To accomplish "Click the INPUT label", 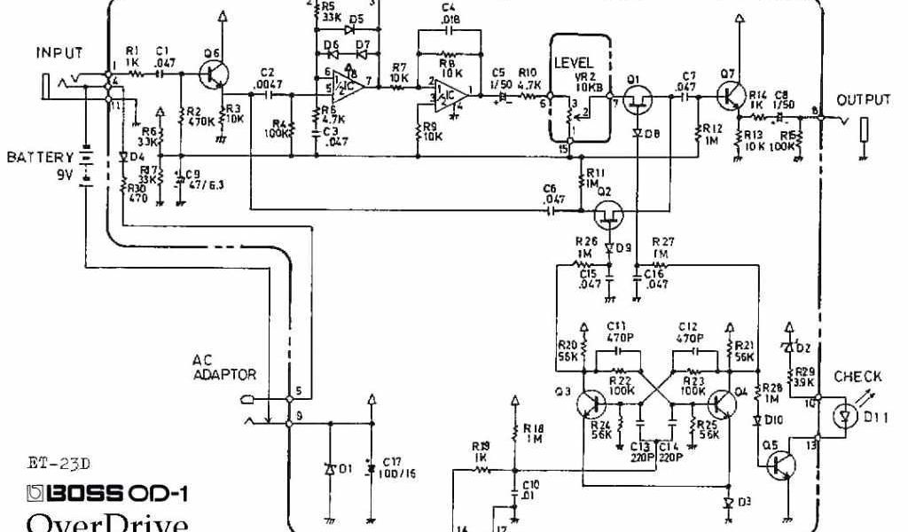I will tap(59, 53).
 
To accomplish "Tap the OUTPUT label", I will tap(863, 100).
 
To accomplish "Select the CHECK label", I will tap(857, 377).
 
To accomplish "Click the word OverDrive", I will tap(106, 522).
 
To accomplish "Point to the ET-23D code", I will tap(59, 462).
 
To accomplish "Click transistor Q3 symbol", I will tap(590, 403).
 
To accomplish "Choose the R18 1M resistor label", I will tap(533, 433).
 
